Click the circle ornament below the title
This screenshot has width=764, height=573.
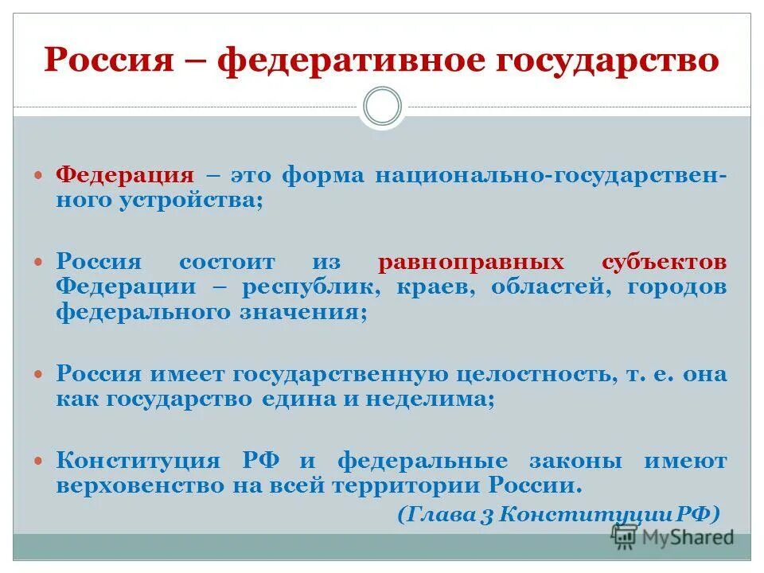coord(382,107)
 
